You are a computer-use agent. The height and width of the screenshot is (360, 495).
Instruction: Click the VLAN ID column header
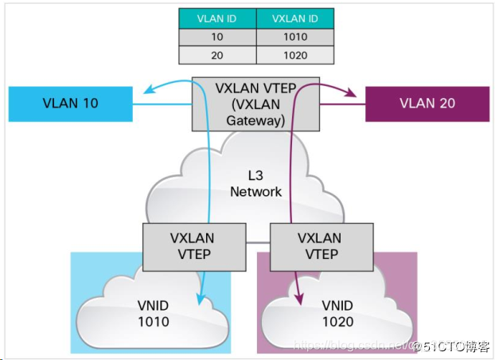216,18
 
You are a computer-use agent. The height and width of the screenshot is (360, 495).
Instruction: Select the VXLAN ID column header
294,18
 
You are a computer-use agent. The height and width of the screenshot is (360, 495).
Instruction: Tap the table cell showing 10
216,37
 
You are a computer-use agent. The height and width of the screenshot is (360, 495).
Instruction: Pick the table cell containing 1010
294,37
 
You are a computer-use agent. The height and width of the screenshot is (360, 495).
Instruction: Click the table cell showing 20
216,55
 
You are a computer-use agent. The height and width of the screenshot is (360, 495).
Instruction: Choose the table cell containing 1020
294,55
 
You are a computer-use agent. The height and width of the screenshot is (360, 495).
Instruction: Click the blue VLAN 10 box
70,104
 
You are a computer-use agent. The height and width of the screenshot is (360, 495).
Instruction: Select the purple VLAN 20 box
427,104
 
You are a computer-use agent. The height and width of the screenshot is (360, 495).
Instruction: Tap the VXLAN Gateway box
255,104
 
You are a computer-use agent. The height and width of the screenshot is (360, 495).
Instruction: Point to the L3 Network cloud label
255,184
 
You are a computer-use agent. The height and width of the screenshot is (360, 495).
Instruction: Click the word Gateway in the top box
255,121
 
